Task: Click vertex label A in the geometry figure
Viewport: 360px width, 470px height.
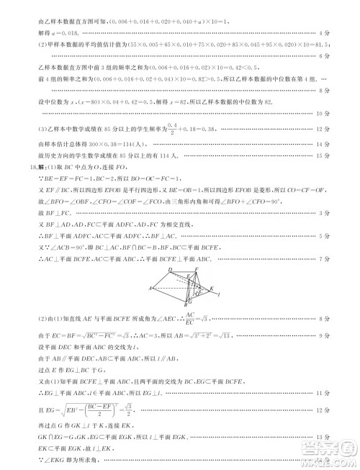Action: (150, 288)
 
